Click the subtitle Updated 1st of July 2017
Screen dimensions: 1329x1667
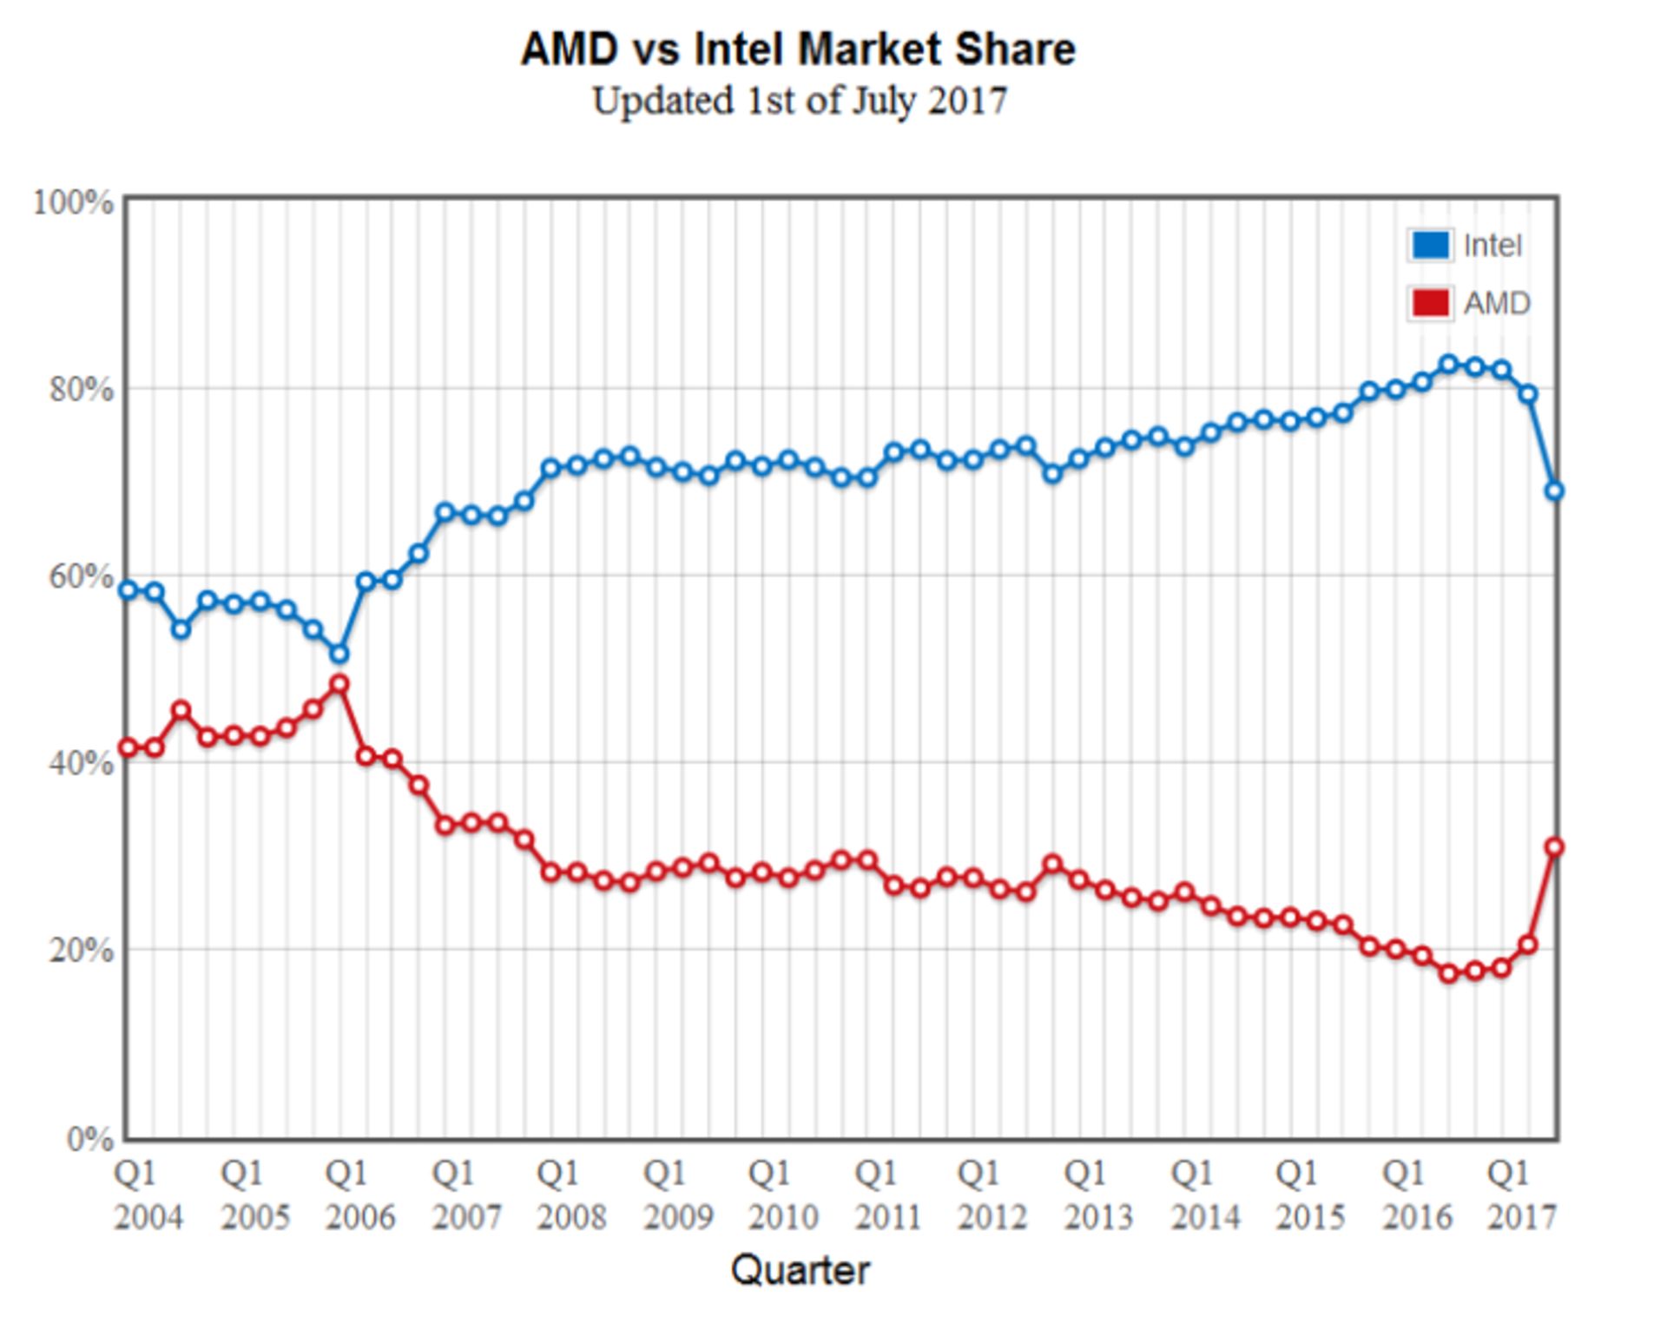point(799,101)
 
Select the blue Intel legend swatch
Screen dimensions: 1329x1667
point(1429,246)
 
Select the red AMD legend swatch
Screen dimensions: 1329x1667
point(1429,303)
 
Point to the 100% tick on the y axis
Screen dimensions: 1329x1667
point(73,202)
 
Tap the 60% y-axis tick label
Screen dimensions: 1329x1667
point(81,576)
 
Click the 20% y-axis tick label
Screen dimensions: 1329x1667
point(81,950)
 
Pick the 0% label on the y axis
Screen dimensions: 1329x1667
point(89,1138)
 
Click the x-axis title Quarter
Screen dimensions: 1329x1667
point(799,1270)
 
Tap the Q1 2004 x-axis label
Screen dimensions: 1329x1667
point(148,1194)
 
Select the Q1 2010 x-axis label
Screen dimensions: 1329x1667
point(782,1194)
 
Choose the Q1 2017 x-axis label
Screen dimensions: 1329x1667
point(1522,1194)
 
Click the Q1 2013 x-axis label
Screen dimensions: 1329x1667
point(1098,1194)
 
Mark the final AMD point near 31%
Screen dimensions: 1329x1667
point(1554,847)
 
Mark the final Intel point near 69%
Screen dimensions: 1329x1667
point(1554,491)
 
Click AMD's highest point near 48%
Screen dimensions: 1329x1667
point(339,684)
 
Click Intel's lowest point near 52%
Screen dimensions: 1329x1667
point(339,653)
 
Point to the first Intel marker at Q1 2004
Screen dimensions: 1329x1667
point(128,590)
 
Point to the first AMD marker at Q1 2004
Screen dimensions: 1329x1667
point(128,747)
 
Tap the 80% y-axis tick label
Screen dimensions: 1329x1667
point(81,389)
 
